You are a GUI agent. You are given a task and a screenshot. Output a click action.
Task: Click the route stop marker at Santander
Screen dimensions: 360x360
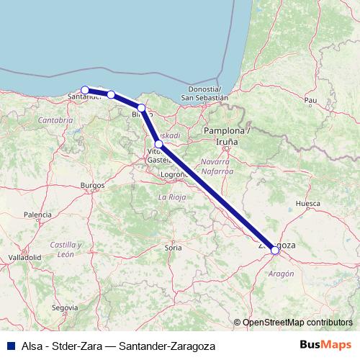tap(85, 90)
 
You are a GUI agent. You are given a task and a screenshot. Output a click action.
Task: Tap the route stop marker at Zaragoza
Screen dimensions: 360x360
tap(274, 250)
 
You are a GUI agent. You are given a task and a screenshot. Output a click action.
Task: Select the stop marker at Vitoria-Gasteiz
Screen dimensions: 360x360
tap(159, 144)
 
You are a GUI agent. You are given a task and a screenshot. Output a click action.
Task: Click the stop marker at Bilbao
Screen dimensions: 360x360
tap(142, 108)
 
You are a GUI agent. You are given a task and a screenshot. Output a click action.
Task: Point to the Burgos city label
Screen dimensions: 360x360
tap(93, 185)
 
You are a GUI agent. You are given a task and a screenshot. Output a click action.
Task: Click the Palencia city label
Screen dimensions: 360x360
tap(37, 215)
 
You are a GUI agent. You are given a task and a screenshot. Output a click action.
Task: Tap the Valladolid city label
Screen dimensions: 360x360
tap(24, 257)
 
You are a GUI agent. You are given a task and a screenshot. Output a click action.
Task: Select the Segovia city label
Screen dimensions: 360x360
tap(65, 307)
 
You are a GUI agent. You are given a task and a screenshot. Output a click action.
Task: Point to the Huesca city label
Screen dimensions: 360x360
tap(307, 204)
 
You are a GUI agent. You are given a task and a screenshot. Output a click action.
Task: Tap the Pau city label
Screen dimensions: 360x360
tap(311, 100)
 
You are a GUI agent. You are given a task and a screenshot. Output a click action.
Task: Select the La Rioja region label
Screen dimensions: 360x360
tap(172, 196)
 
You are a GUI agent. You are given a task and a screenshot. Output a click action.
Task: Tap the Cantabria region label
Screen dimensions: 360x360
tap(55, 119)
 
